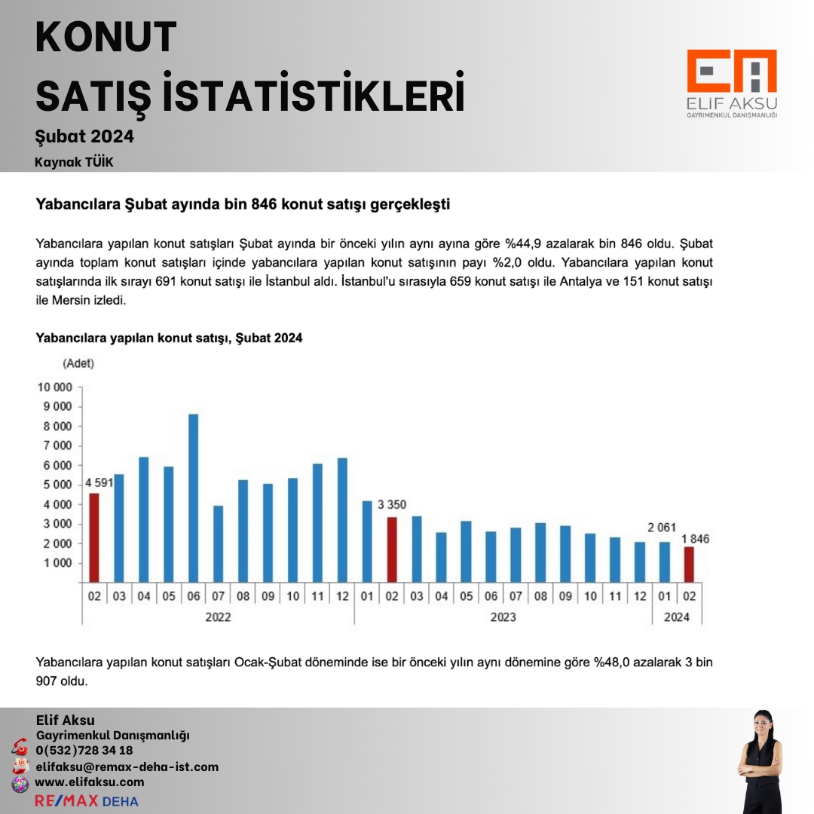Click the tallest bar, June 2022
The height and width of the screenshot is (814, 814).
point(193,497)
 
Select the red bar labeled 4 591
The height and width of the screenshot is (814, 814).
point(94,537)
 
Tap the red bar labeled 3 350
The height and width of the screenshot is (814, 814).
point(391,549)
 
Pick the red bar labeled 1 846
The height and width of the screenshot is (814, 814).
point(689,564)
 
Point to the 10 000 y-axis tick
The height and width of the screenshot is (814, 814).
point(54,387)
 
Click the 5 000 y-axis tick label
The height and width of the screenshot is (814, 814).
point(54,485)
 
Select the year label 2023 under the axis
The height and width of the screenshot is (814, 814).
point(503,617)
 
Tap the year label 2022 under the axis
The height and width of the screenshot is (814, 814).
point(218,617)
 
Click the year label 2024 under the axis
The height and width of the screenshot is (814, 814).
point(677,617)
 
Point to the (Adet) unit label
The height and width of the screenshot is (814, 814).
point(78,363)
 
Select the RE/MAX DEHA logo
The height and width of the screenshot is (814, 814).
point(87,800)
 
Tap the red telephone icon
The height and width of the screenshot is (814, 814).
point(20,748)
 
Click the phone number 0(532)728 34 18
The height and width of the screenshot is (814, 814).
point(84,750)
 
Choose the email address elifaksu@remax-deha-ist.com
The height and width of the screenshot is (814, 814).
point(127,767)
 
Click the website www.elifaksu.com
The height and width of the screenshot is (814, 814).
point(90,782)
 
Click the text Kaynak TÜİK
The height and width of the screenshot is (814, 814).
point(74,162)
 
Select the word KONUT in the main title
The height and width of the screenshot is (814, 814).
point(106,38)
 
